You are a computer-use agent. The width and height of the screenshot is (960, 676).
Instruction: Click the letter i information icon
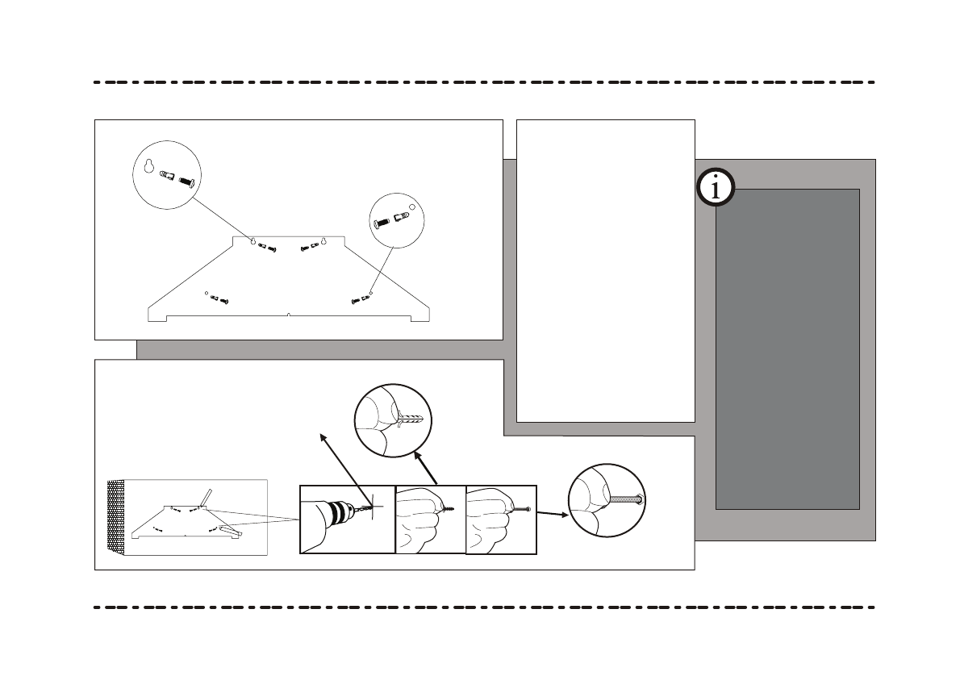click(715, 188)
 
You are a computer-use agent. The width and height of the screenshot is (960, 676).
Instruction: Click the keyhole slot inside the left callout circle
click(149, 166)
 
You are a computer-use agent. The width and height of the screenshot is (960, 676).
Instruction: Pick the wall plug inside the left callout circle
click(167, 175)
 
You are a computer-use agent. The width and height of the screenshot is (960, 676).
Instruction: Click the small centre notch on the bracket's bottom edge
click(289, 314)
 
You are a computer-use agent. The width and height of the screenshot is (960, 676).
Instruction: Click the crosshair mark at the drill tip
click(372, 507)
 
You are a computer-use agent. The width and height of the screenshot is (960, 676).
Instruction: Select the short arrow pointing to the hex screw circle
click(553, 511)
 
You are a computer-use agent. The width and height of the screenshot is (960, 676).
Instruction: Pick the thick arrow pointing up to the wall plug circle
click(426, 468)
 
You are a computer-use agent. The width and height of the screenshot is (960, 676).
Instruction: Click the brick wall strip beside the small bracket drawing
click(116, 517)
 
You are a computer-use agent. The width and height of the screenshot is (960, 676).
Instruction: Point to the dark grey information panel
click(787, 348)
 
